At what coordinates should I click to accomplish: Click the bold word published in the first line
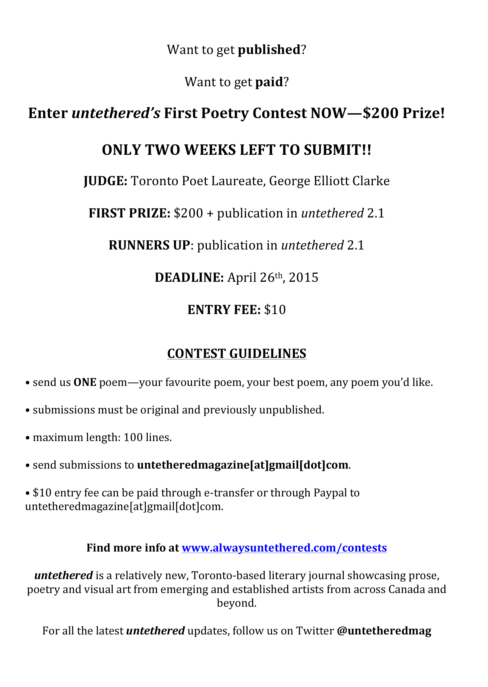click(269, 50)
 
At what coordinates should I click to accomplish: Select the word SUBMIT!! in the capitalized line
click(337, 150)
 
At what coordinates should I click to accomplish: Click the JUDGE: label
click(105, 181)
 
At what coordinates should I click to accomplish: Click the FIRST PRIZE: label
click(129, 213)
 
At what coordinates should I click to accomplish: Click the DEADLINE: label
click(189, 277)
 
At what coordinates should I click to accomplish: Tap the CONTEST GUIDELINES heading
click(237, 353)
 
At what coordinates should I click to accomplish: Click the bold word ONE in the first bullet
click(85, 382)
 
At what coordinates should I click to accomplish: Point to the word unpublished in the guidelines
click(291, 410)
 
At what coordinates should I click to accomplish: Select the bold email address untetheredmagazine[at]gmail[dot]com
click(243, 465)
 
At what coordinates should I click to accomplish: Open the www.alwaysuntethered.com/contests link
click(284, 548)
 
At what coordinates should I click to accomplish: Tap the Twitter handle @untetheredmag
click(384, 630)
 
